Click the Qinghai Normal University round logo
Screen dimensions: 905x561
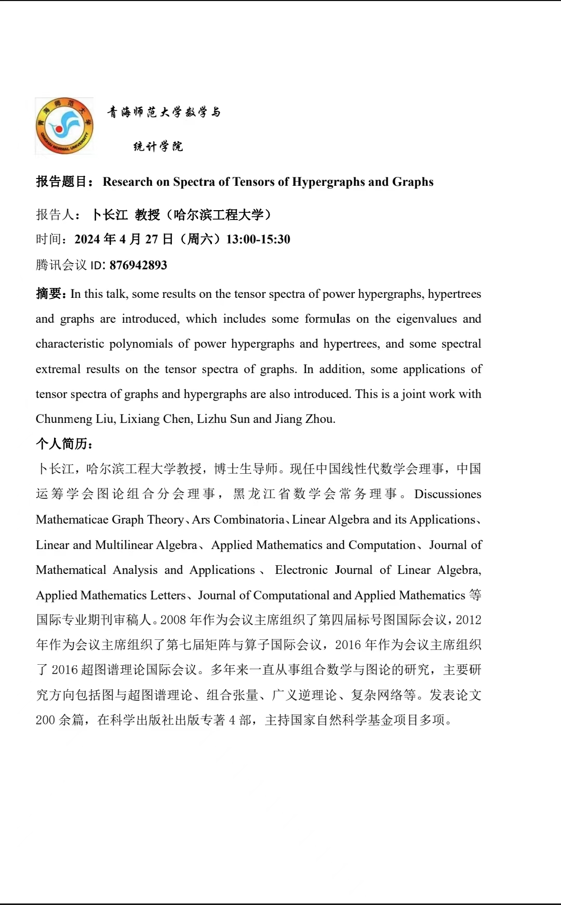click(64, 126)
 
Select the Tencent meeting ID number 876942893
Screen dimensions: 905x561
click(138, 265)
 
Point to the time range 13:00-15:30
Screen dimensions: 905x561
click(258, 239)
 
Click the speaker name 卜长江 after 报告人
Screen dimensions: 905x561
click(110, 215)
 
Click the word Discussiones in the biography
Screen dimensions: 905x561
click(448, 494)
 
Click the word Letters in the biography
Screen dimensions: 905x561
click(168, 595)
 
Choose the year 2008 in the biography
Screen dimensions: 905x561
click(173, 620)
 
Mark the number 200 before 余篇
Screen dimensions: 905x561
click(45, 720)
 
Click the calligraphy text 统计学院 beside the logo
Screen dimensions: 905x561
click(158, 146)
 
